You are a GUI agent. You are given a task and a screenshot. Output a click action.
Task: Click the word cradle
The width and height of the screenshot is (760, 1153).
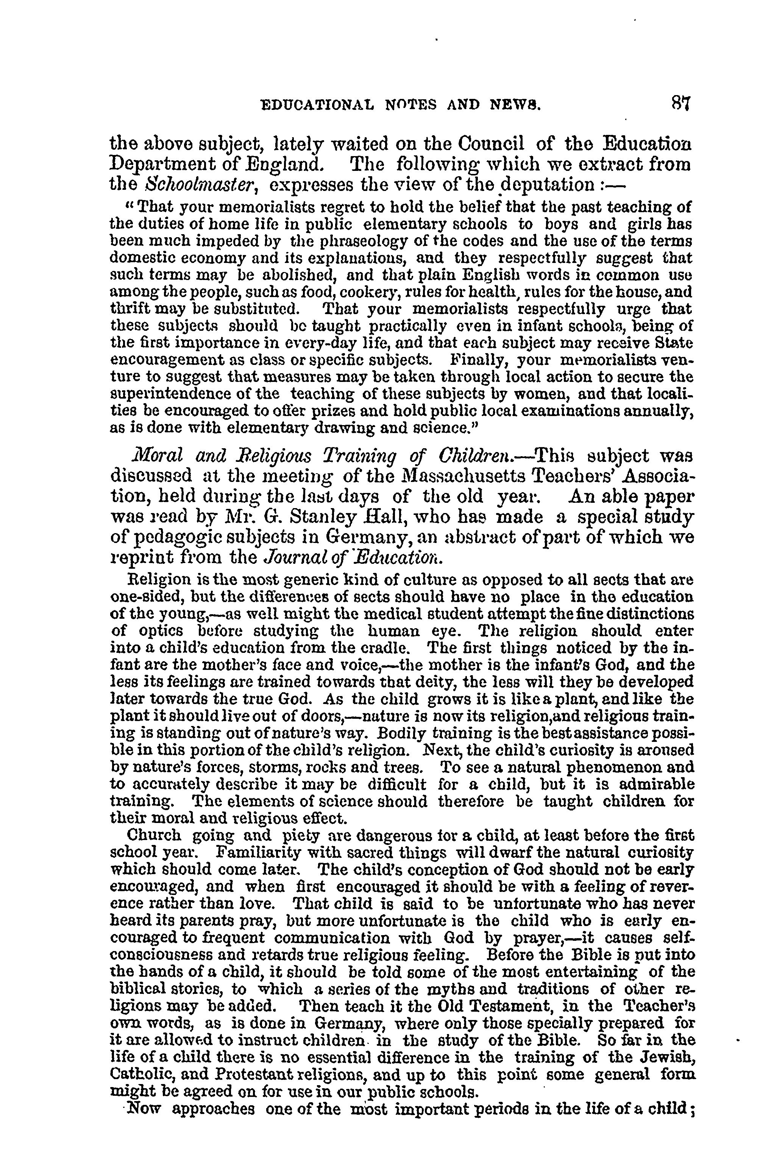tap(374, 648)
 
